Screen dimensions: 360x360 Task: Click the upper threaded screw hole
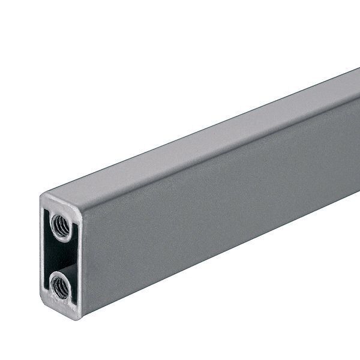61,227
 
